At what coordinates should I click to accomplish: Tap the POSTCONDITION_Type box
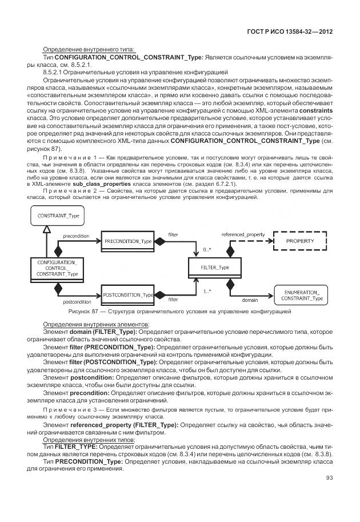pyautogui.click(x=126, y=294)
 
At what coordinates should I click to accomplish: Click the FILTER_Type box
pyautogui.click(x=215, y=268)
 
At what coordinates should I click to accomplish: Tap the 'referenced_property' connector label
pyautogui.click(x=243, y=234)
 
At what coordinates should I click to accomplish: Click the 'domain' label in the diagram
pyautogui.click(x=249, y=300)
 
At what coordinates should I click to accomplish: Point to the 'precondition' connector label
pyautogui.click(x=75, y=235)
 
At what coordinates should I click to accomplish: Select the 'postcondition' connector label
pyautogui.click(x=77, y=301)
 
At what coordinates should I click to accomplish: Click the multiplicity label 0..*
pyautogui.click(x=208, y=250)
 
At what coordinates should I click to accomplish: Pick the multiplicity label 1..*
pyautogui.click(x=207, y=291)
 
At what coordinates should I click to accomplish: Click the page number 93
pyautogui.click(x=329, y=478)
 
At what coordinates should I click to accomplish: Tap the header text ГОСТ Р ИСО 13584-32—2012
pyautogui.click(x=290, y=32)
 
